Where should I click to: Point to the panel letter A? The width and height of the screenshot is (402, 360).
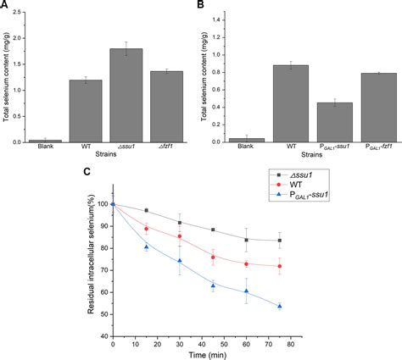tap(6, 7)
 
